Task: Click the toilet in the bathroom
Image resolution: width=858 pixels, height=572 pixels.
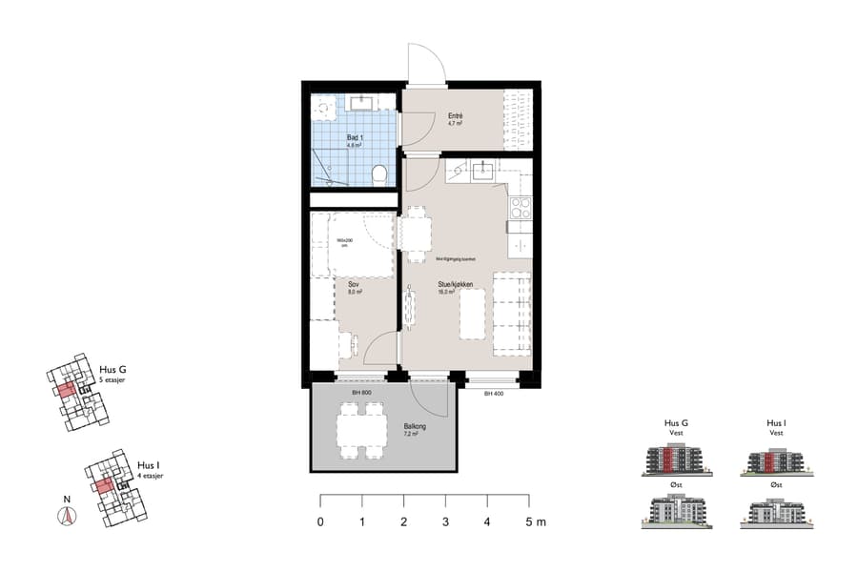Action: (379, 174)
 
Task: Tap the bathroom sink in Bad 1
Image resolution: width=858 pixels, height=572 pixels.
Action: (360, 103)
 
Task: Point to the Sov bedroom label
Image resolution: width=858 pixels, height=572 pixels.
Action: (353, 285)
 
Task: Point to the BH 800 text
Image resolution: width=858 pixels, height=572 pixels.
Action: (360, 393)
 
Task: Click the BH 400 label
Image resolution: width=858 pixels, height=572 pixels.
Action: (493, 393)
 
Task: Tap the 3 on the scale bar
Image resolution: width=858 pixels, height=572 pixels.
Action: (445, 521)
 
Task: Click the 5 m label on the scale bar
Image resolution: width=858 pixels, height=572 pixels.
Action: (534, 521)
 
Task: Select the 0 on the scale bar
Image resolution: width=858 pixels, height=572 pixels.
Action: (320, 521)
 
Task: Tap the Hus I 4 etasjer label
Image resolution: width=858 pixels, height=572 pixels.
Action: (150, 469)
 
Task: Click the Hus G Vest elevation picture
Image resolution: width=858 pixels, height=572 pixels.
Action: (677, 461)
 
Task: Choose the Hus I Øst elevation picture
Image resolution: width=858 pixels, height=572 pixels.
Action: (776, 513)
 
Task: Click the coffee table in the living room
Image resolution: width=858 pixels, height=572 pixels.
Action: (474, 314)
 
